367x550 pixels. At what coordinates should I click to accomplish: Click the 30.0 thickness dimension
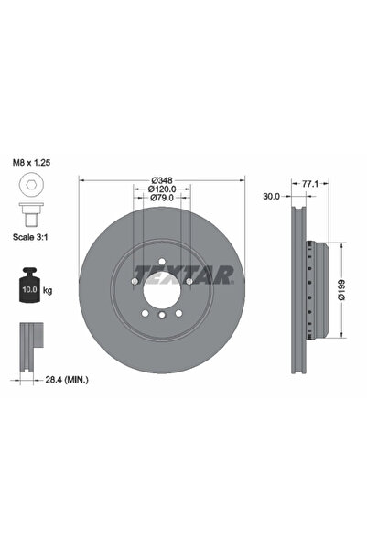(x=270, y=195)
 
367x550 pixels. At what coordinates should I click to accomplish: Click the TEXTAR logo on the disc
(x=184, y=273)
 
